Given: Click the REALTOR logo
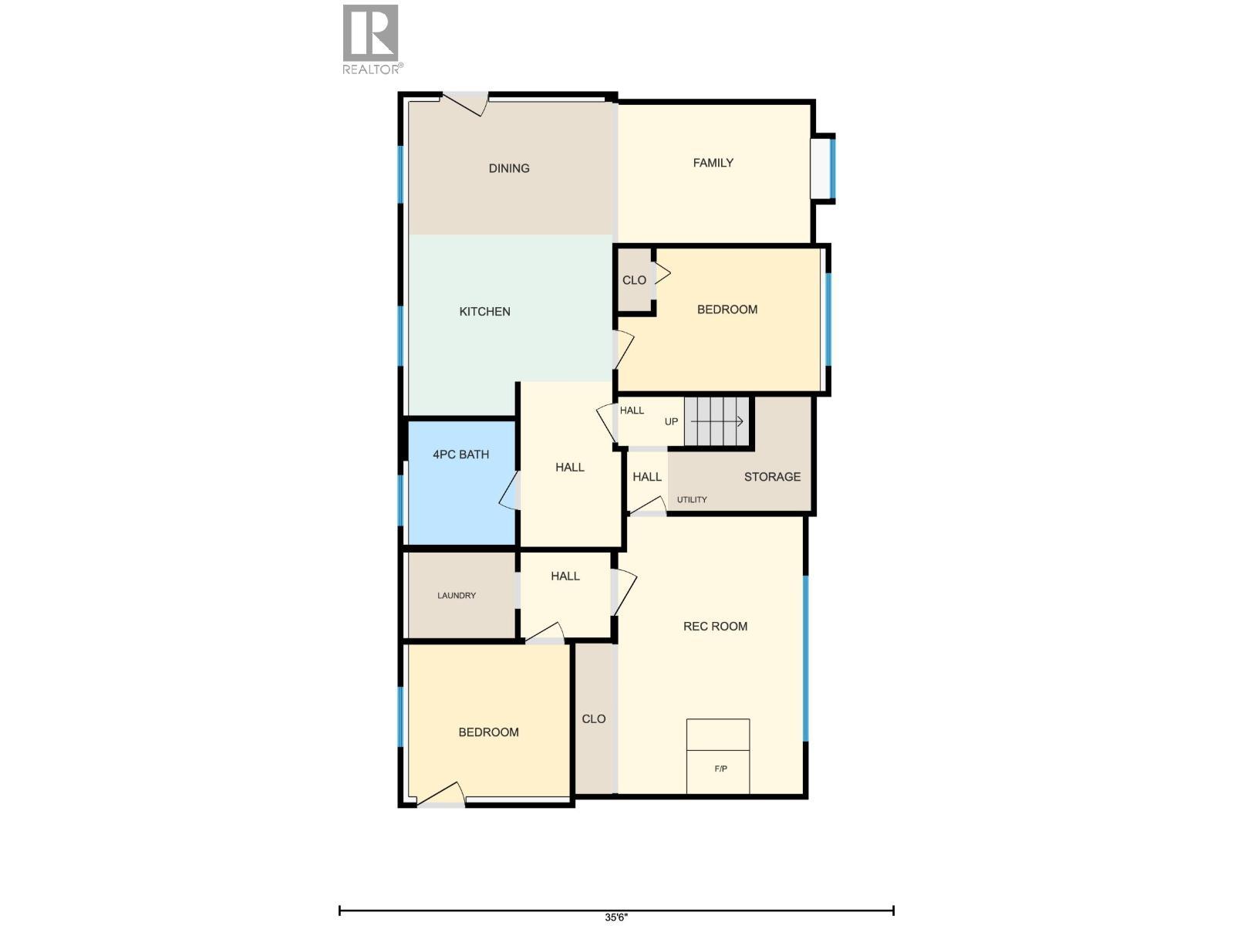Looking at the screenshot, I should click(x=371, y=39).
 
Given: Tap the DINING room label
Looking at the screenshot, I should click(x=509, y=168).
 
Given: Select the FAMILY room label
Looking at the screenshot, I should click(x=713, y=163).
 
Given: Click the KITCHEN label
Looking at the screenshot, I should click(x=484, y=312).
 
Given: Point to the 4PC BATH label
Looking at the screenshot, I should click(x=460, y=455).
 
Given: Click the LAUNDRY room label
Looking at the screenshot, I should click(x=457, y=596).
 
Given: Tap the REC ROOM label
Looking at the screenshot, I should click(x=715, y=627).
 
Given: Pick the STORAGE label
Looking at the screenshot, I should click(x=772, y=477).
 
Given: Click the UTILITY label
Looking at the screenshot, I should click(x=692, y=500).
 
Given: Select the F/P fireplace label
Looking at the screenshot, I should click(x=720, y=769).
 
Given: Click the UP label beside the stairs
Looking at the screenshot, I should click(x=671, y=422).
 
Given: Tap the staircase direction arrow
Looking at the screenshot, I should click(x=716, y=421).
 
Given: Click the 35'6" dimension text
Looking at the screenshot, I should click(x=616, y=918).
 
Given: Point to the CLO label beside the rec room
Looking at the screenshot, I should click(x=593, y=719).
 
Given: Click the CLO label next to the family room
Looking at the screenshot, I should click(x=634, y=280).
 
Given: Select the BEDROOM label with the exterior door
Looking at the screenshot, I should click(x=488, y=732).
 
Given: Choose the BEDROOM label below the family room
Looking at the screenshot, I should click(x=727, y=309).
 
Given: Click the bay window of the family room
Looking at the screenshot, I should click(x=824, y=167).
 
